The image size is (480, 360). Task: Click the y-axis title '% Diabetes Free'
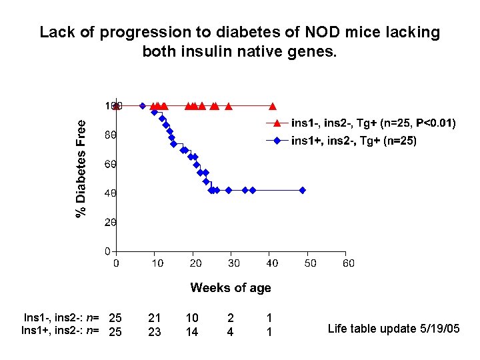pos(81,168)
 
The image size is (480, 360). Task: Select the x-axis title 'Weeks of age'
pos(231,288)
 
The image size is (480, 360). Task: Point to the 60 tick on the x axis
pos(348,263)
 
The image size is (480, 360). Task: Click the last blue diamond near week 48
pos(302,190)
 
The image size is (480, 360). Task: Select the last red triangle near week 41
pos(272,105)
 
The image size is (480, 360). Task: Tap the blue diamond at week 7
pos(143,105)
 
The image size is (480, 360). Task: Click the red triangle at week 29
pos(229,105)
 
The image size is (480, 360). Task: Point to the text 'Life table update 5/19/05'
pos(393,328)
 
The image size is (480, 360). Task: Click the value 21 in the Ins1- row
pos(154,318)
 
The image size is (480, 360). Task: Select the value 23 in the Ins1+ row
pos(154,331)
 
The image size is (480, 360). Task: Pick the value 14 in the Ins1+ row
pos(192,331)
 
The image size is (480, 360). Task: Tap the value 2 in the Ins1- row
pos(230,318)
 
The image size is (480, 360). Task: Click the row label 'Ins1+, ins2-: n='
pos(61,331)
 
